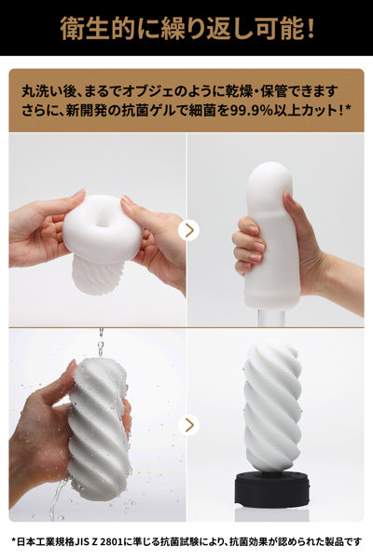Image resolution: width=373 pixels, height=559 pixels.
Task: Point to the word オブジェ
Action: click(173, 92)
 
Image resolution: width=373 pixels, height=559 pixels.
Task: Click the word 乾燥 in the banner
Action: click(246, 92)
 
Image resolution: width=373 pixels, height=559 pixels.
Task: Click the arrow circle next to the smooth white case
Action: click(188, 229)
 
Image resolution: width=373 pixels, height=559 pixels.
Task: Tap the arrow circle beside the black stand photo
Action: click(188, 425)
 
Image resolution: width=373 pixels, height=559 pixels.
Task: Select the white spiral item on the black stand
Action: click(272, 406)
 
